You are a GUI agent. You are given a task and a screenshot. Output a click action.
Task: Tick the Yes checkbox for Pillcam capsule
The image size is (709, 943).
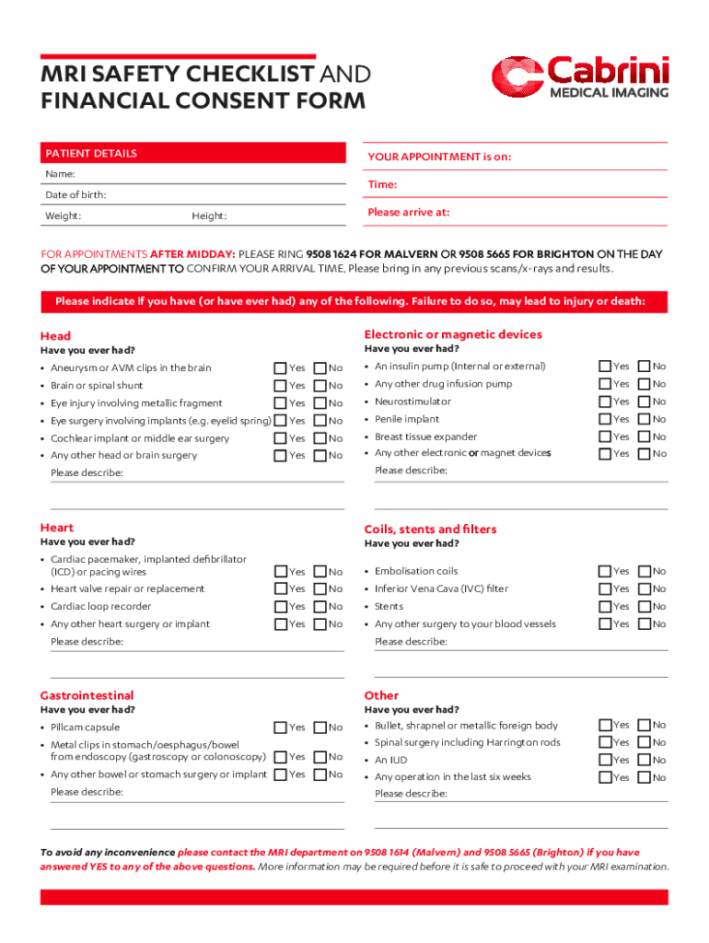coord(280,728)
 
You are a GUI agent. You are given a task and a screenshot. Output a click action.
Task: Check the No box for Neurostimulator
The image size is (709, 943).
coord(644,402)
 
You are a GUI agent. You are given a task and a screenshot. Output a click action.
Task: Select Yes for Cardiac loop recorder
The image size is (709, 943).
coord(280,606)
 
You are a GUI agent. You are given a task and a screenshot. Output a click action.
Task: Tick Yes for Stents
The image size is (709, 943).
coord(604,607)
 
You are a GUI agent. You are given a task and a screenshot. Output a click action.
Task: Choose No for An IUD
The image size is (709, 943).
coord(644,760)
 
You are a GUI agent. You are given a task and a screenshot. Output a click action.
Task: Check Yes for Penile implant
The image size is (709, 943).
coord(604,419)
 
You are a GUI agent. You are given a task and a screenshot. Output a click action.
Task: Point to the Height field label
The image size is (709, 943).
coord(209,216)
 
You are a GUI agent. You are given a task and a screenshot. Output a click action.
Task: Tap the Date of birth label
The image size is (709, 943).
coord(76,195)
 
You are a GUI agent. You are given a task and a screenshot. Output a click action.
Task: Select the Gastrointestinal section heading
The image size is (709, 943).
coord(87,695)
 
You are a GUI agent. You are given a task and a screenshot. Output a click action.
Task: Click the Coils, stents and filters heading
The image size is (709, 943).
coord(430,530)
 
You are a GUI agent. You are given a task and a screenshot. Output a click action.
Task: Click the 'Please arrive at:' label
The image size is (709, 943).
coord(408,212)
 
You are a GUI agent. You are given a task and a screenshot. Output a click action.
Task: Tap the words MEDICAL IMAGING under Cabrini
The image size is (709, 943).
coord(609,93)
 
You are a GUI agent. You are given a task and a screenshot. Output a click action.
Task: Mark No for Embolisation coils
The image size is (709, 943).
coord(644,571)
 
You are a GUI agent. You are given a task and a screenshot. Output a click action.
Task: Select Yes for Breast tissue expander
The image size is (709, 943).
coord(604,437)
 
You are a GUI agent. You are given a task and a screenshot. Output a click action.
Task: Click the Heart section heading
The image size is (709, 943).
coord(57,528)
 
